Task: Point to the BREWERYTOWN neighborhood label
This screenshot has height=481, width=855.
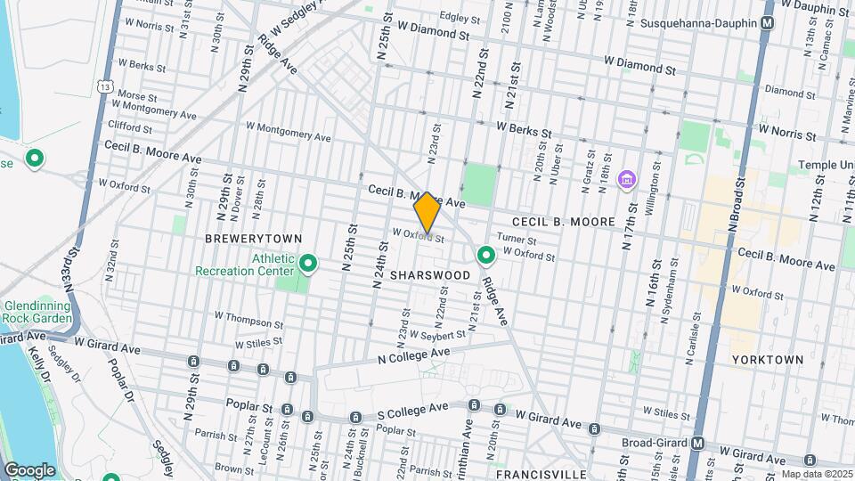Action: [x=254, y=239]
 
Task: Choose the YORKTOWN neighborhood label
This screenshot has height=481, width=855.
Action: [x=767, y=360]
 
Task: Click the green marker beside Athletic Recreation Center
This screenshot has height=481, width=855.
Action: [x=308, y=264]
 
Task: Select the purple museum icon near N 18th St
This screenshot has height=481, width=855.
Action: [x=627, y=181]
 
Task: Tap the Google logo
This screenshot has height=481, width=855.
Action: [x=28, y=469]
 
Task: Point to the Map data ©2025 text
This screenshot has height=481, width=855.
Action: [x=816, y=474]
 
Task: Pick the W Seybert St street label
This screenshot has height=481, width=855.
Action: [x=437, y=335]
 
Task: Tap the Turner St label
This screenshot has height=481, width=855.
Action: [x=517, y=240]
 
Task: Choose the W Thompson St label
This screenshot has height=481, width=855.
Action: [x=248, y=316]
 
